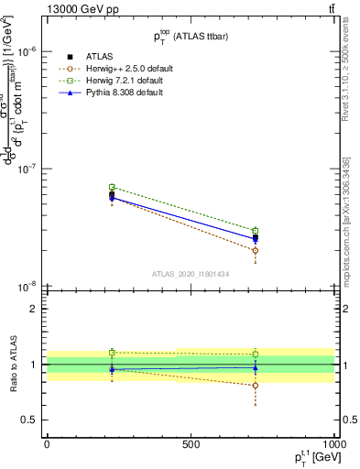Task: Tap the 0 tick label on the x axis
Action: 47,443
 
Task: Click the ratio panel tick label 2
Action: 34,310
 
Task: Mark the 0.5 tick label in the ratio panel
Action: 30,420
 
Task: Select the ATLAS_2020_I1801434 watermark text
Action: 190,274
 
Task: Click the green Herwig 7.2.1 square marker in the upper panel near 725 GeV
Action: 256,231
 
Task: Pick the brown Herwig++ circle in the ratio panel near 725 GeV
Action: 256,386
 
